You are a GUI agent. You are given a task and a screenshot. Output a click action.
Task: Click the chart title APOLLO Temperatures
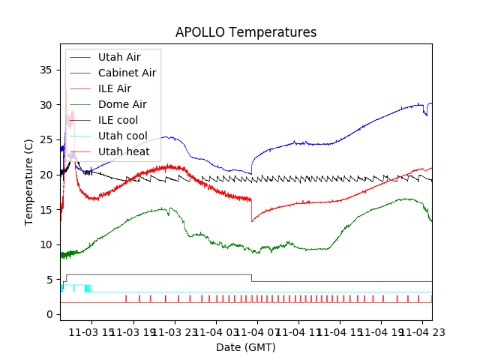pyautogui.click(x=246, y=32)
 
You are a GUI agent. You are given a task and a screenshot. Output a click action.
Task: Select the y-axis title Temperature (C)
pyautogui.click(x=29, y=182)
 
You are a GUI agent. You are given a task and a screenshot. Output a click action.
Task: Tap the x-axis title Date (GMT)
pyautogui.click(x=246, y=347)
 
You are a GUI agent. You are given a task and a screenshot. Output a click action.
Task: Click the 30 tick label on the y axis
pyautogui.click(x=46, y=105)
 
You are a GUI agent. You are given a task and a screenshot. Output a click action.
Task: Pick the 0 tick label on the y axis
pyautogui.click(x=49, y=314)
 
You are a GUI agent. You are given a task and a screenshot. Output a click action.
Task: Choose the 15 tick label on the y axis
pyautogui.click(x=46, y=209)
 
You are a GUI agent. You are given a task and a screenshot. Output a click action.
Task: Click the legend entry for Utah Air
pyautogui.click(x=118, y=57)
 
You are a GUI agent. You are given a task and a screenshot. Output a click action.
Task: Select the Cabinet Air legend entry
pyautogui.click(x=127, y=73)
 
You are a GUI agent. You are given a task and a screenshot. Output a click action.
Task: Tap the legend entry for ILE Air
pyautogui.click(x=114, y=88)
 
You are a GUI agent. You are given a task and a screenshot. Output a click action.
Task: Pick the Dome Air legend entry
pyautogui.click(x=122, y=104)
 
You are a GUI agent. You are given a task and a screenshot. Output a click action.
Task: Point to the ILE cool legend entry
pyautogui.click(x=118, y=120)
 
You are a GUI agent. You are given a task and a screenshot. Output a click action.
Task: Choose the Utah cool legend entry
pyautogui.click(x=122, y=136)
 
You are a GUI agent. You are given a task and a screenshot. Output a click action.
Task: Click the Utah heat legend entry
pyautogui.click(x=124, y=151)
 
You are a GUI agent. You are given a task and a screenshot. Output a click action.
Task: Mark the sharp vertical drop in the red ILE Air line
pyautogui.click(x=252, y=210)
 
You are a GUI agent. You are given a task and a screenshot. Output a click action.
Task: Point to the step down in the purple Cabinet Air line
pyautogui.click(x=252, y=278)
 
